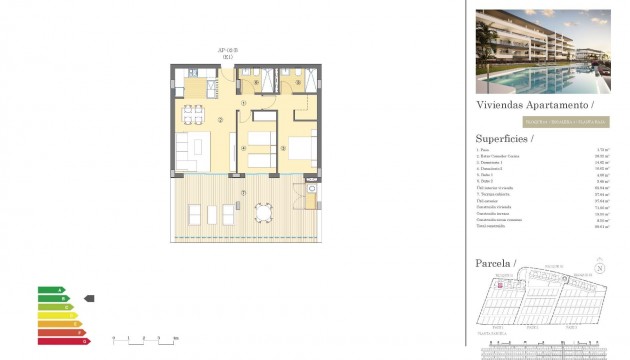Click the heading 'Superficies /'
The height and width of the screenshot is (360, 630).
[505, 139]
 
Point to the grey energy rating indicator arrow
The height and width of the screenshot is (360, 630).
[88, 298]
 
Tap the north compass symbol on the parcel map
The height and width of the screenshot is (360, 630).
[599, 267]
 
